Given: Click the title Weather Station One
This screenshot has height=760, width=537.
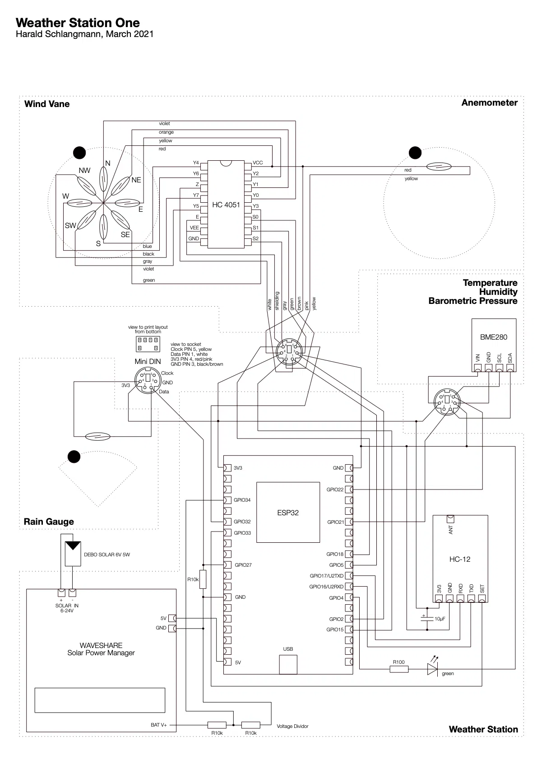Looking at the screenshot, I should point(78,23).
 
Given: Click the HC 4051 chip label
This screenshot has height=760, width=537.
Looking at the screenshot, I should point(226,205).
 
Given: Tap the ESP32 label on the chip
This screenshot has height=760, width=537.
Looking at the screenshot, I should point(288,513).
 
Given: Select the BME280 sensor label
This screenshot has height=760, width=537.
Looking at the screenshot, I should point(493,337).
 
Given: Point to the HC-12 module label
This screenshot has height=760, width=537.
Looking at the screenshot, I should point(459,559).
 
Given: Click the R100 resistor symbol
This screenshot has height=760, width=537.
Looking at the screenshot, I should point(399,669).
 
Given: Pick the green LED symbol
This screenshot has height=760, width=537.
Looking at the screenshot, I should point(433,669).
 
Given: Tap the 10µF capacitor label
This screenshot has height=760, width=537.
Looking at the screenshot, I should point(440,619).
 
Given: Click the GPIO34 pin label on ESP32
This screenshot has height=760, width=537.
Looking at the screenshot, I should point(242,500).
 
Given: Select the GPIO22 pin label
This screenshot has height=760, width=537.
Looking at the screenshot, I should point(335,490).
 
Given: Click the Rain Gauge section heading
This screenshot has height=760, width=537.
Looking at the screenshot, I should point(49,522).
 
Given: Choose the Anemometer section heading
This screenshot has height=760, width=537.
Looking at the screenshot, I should point(489,103).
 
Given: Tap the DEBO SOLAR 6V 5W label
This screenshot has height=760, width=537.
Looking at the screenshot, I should point(107,555).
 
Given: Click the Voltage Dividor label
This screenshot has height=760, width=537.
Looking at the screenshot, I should point(292,726).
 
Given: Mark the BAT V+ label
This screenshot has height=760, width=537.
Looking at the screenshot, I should point(159,725).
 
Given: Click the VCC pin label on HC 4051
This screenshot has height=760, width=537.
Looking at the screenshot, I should point(258,163).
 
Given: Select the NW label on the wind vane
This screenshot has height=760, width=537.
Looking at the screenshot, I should point(84,171).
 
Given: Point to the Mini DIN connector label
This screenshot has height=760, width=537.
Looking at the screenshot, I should point(148,361).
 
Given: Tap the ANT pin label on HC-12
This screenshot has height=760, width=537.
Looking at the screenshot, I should point(451,529).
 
